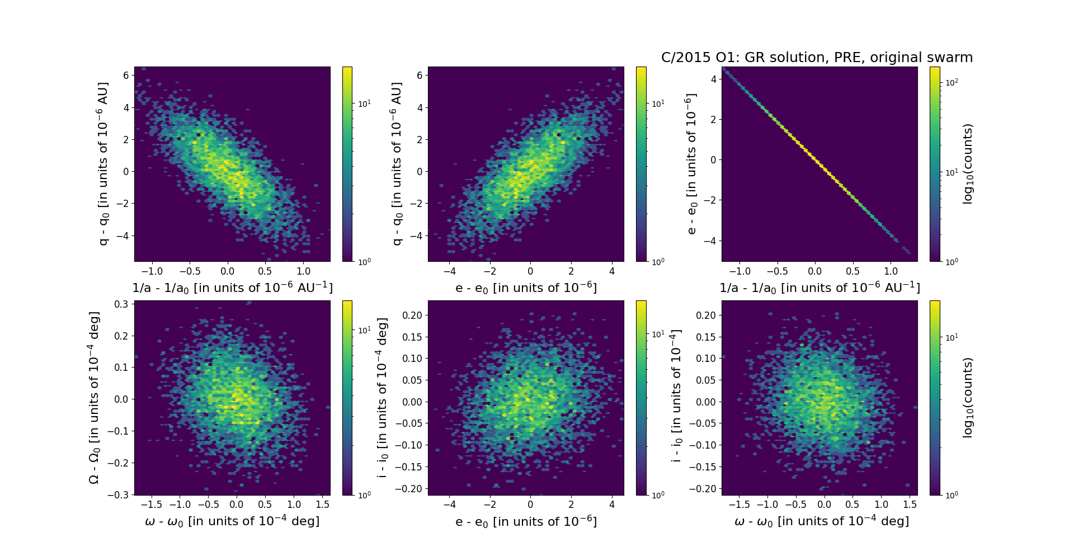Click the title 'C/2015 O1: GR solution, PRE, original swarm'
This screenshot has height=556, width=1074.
click(x=817, y=58)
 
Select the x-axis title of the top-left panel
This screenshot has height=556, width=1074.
click(x=232, y=288)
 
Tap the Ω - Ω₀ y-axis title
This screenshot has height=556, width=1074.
click(x=95, y=398)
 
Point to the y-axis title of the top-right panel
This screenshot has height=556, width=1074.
click(x=691, y=164)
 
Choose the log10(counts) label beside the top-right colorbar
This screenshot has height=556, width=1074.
click(x=968, y=164)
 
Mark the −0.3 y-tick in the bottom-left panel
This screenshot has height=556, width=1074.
click(x=120, y=495)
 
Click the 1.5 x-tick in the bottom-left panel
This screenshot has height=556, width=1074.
click(x=322, y=504)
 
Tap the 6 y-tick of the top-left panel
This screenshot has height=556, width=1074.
click(x=126, y=76)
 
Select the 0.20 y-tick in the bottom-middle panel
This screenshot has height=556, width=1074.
click(x=412, y=315)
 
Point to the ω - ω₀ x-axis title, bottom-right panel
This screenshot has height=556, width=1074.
click(x=821, y=521)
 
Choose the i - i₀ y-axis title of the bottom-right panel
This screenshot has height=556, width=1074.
click(x=676, y=396)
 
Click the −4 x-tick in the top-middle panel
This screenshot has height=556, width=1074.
click(x=449, y=271)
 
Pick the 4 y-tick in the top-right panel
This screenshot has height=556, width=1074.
click(x=714, y=79)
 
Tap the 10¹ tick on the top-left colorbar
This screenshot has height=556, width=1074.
click(x=364, y=104)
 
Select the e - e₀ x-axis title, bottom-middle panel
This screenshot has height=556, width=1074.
click(x=526, y=522)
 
